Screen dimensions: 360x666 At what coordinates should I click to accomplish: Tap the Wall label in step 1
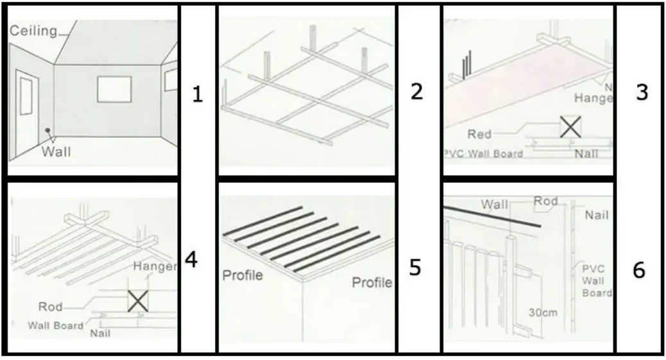click(56, 152)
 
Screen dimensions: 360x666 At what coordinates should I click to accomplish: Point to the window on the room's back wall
click(114, 88)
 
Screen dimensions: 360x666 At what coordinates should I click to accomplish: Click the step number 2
click(416, 92)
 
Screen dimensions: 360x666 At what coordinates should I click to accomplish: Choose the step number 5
click(415, 267)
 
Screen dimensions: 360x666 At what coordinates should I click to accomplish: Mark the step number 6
click(638, 271)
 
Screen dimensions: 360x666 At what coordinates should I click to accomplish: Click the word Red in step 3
click(479, 134)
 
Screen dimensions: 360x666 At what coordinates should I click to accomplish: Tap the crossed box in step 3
click(570, 127)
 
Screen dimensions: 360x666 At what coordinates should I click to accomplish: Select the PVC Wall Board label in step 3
click(483, 153)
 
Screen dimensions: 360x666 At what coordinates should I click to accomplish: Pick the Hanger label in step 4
click(154, 266)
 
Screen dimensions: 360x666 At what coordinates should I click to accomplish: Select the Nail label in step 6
click(597, 216)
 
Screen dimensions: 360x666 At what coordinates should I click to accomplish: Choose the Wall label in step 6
click(495, 205)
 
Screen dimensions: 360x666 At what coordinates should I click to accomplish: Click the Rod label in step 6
click(546, 201)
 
